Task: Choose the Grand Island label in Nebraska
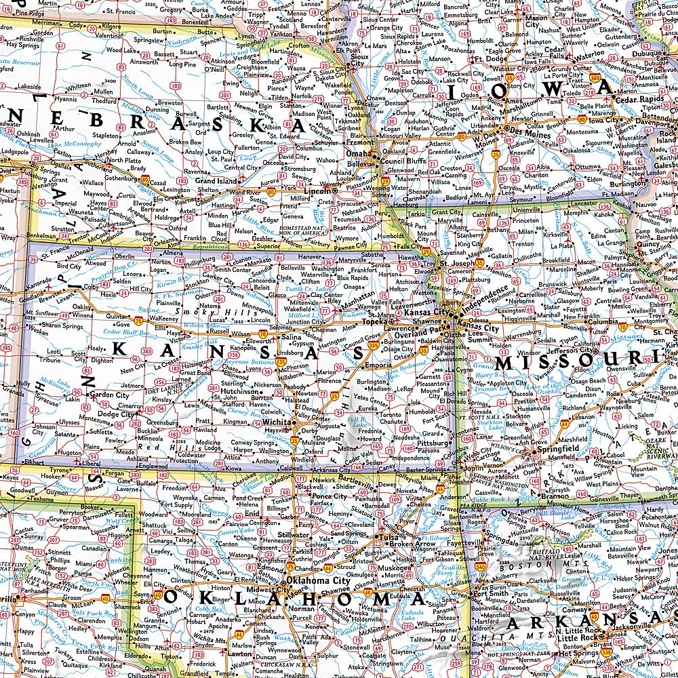click(216, 182)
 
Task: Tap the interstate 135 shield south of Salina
click(280, 363)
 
